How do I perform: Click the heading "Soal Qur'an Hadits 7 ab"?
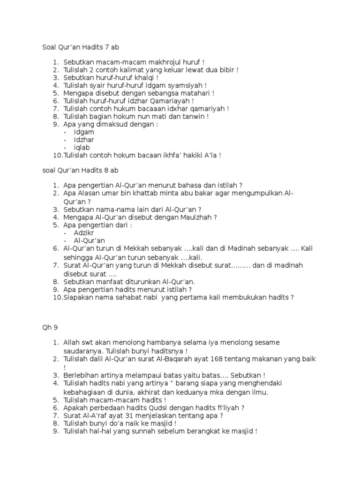(x=83, y=47)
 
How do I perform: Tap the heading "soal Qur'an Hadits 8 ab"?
(x=83, y=170)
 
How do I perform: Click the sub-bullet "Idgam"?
(x=84, y=132)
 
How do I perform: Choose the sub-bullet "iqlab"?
(x=82, y=148)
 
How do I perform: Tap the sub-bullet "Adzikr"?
(x=85, y=232)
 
